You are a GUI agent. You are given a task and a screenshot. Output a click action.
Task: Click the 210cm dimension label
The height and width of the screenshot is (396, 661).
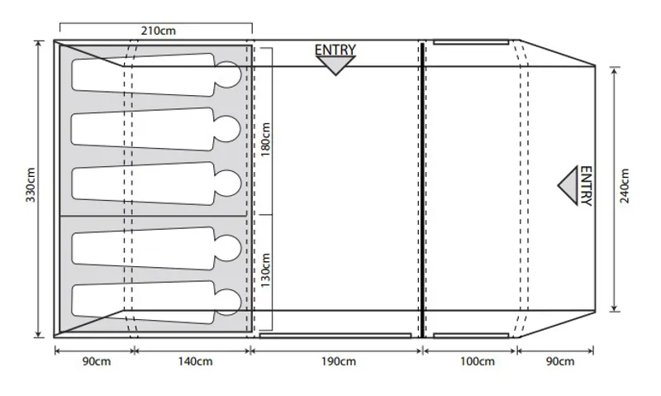157,31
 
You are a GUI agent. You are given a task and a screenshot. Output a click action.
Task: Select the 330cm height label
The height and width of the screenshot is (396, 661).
31,189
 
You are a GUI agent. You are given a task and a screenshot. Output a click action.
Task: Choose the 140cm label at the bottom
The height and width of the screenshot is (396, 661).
191,361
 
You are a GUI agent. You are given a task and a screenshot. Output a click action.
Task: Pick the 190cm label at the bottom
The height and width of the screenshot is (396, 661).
337,361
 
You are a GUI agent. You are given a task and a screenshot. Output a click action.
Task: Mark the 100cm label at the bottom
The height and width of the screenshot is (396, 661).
468,361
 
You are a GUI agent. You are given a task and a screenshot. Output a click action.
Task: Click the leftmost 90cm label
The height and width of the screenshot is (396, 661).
93,361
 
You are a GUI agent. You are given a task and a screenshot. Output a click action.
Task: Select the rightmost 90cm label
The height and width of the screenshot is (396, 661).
555,361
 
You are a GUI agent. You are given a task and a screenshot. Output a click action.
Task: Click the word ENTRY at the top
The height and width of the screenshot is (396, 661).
335,50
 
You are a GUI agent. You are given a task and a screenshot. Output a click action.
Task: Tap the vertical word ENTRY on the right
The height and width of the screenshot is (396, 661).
586,186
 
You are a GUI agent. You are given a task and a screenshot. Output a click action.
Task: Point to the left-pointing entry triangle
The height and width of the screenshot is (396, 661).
568,186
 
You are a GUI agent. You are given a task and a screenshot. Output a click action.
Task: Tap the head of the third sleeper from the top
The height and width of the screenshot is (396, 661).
229,184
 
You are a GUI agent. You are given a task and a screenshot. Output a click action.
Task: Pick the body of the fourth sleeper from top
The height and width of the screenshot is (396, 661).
140,246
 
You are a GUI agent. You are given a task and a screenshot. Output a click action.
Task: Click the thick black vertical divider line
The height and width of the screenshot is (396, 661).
422,189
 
